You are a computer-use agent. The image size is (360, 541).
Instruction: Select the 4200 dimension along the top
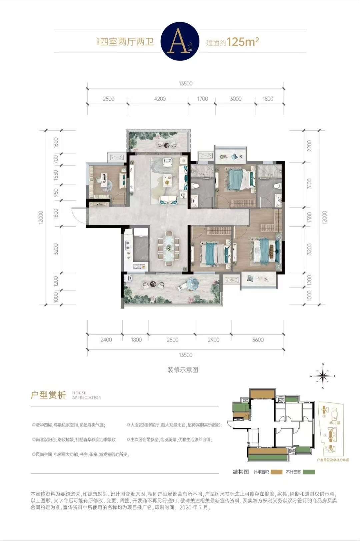160,99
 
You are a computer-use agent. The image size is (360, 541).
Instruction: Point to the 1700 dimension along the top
202,99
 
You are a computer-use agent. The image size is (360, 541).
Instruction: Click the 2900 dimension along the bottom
213,340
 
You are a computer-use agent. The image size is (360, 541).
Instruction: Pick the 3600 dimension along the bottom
258,340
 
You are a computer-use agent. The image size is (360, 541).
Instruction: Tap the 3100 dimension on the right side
309,184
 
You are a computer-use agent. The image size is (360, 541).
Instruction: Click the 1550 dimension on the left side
56,175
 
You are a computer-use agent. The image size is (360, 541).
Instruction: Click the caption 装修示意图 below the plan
183,370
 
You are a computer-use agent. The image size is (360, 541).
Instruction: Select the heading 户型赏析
48,395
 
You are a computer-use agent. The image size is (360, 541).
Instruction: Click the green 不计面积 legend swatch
309,472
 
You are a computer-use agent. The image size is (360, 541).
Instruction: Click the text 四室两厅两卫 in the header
127,42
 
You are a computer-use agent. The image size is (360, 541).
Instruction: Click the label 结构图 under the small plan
241,472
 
